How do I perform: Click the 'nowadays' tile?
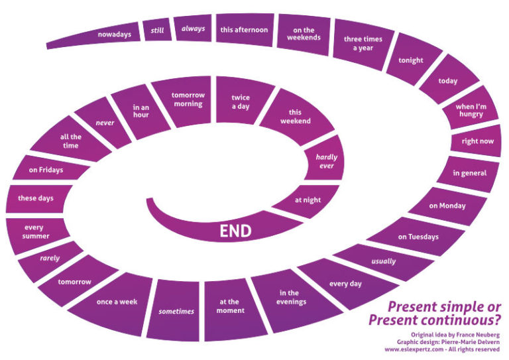[x=114, y=33]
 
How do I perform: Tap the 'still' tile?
[x=158, y=30]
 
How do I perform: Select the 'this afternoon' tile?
[x=244, y=30]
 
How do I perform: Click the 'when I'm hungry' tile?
[x=469, y=109]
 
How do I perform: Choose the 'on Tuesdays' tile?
[x=418, y=236]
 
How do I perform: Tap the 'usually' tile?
[x=383, y=261]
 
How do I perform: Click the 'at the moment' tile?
[x=231, y=306]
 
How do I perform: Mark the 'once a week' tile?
[x=117, y=301]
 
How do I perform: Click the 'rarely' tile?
[x=50, y=258]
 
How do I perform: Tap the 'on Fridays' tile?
[x=46, y=170]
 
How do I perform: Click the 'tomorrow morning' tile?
[x=188, y=99]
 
